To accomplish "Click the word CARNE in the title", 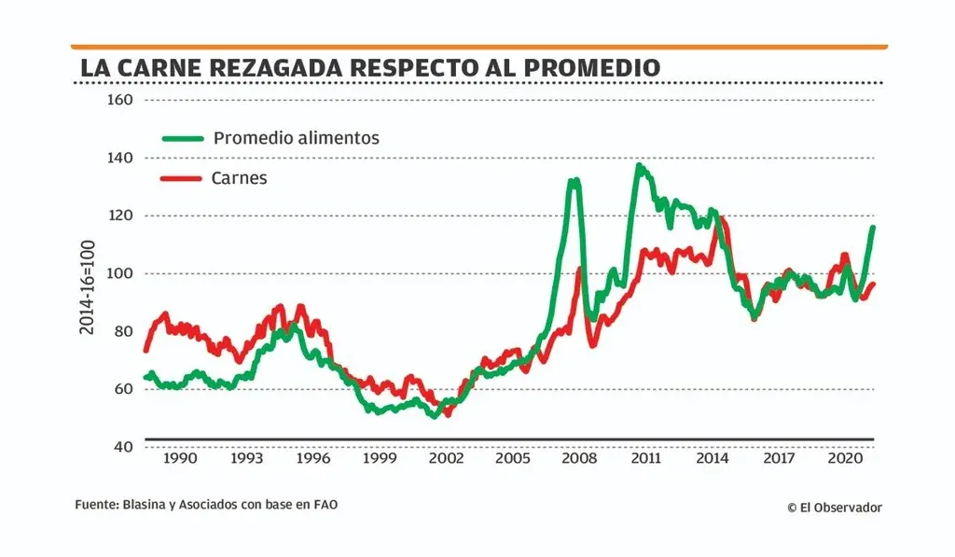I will coord(164,68).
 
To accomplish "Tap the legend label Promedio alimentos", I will coord(296,138).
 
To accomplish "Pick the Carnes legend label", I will coord(240,178).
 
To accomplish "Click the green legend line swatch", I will coord(183,138).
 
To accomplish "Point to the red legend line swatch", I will coord(183,178).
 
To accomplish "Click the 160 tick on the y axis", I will coord(121,100).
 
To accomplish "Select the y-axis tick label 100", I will coord(121,273).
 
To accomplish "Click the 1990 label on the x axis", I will coord(180,460).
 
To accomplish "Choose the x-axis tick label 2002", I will coord(446,460).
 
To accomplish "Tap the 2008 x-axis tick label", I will coord(579,460).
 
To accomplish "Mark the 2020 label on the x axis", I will coord(845,460).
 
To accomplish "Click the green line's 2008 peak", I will coord(574,180).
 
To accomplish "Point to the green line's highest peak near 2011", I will coord(639,166).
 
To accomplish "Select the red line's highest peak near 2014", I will coord(721,220).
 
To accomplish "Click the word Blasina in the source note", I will coord(142,504).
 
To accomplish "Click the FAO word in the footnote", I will coord(324,504).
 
